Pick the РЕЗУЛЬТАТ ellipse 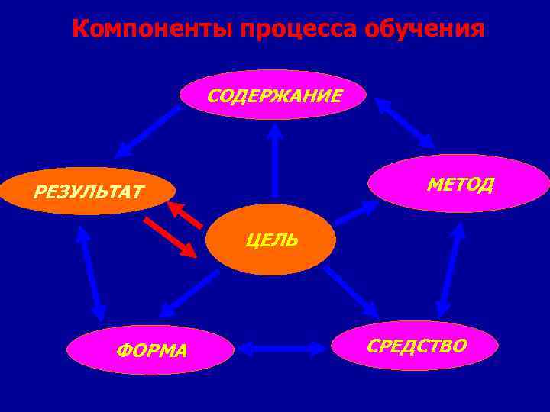(88, 191)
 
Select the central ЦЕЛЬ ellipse (271, 240)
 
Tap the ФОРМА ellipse (150, 350)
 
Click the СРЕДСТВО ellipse (416, 346)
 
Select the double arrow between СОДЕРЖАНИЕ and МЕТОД (404, 122)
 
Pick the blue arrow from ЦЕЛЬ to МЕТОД (356, 212)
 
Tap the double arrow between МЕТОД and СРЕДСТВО (451, 270)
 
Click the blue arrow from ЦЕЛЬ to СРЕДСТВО (351, 291)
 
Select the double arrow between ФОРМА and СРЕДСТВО (281, 349)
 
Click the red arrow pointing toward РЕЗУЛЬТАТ (186, 215)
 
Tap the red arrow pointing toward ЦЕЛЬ (170, 237)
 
